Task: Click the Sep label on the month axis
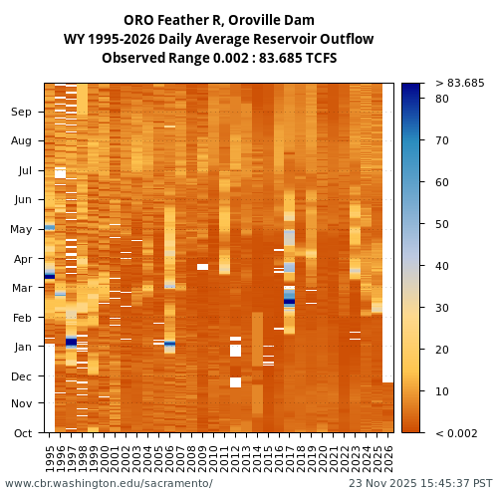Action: [x=22, y=113]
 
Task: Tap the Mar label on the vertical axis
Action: [x=22, y=288]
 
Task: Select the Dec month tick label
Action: [x=22, y=375]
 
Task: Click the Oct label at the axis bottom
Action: [x=22, y=432]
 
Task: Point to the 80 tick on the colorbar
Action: [x=441, y=99]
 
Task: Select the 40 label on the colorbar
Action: [x=441, y=266]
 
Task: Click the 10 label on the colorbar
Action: [x=441, y=391]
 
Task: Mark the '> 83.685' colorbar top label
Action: [x=460, y=83]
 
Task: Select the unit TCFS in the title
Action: [x=320, y=58]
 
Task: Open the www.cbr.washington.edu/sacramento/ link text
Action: [x=109, y=483]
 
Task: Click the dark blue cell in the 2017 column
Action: [x=290, y=301]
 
